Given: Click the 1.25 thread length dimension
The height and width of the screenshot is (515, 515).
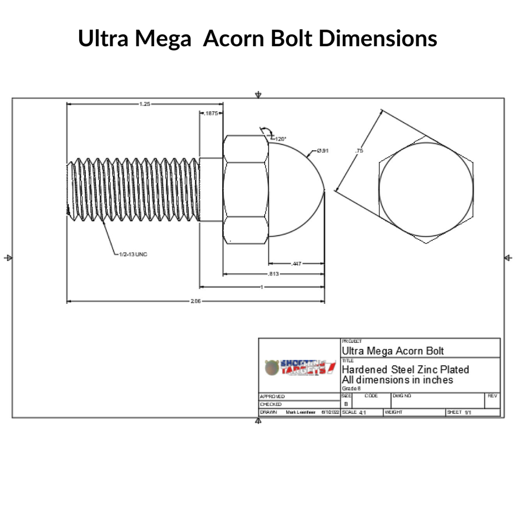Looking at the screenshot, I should (144, 103).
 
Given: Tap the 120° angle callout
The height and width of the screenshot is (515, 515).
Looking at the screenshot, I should (280, 139).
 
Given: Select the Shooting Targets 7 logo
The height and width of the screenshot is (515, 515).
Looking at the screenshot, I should (300, 368).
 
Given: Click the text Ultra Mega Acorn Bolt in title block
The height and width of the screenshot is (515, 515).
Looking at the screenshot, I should (392, 350).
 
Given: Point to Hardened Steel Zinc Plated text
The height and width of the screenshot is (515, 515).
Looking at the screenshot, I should (405, 369).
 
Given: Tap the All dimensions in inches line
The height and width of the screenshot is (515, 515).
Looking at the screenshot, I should (397, 380).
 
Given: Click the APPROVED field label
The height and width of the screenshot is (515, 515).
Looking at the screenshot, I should (272, 396).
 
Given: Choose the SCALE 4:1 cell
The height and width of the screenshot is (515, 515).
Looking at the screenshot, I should (354, 412).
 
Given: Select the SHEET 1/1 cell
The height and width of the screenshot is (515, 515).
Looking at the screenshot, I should (458, 412).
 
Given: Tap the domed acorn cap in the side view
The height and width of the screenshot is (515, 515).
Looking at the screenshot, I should (294, 190).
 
